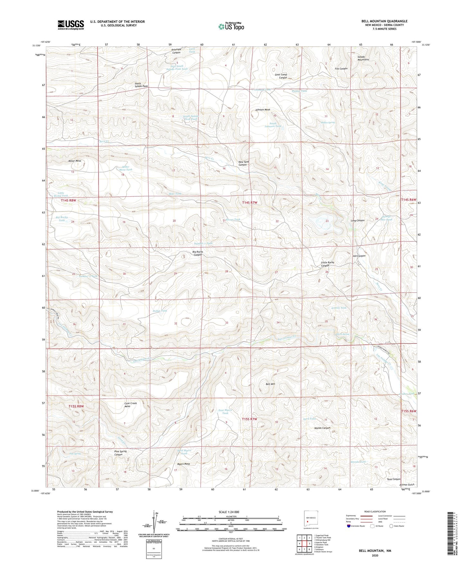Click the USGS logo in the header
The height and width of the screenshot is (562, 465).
tap(71, 25)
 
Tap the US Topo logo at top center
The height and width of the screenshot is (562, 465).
tap(231, 26)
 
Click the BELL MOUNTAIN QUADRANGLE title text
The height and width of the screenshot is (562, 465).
tap(384, 21)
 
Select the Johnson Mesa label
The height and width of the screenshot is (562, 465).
tap(262, 110)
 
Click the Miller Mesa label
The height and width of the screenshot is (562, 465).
tap(75, 161)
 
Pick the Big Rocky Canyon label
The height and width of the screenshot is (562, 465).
tap(197, 253)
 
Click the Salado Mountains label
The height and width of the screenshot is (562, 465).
tap(363, 58)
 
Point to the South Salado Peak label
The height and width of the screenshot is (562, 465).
tap(141, 85)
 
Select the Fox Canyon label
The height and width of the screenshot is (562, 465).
tap(341, 69)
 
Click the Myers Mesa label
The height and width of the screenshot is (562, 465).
tap(183, 464)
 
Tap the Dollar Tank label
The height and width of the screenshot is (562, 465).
tap(160, 311)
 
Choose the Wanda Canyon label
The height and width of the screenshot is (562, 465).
tap(322, 428)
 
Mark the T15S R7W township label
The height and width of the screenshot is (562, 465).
tap(250, 419)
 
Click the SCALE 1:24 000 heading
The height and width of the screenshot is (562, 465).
tap(229, 512)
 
